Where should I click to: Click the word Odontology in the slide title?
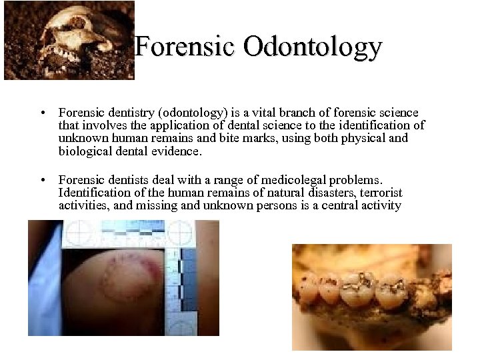click(313, 47)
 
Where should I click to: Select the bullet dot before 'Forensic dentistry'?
click(42, 113)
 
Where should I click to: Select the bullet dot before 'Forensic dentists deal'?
click(42, 180)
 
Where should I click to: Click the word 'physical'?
click(359, 138)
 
